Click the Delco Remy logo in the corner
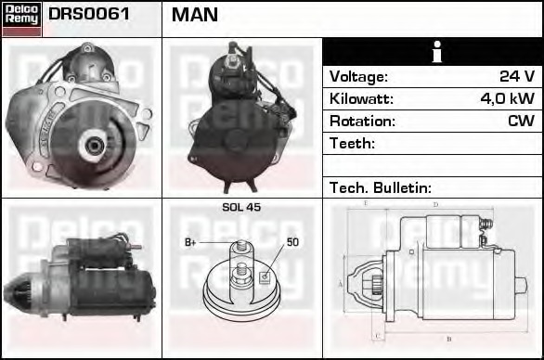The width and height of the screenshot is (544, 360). [22, 18]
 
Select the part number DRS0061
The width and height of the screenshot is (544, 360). [89, 15]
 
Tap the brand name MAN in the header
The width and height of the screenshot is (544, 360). [195, 15]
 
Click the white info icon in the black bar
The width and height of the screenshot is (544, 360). [433, 51]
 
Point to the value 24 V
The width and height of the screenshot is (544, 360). [516, 76]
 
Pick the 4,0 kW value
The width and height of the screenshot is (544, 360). [508, 98]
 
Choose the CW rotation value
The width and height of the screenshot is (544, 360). [521, 121]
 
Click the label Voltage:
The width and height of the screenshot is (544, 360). [358, 76]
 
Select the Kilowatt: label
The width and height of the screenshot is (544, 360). [361, 98]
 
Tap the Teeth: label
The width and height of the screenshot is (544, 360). [352, 143]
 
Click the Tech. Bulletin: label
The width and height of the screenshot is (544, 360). [381, 187]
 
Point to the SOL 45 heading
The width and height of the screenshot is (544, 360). [241, 207]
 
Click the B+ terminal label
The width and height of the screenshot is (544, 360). [191, 242]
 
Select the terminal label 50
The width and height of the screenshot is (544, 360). [292, 242]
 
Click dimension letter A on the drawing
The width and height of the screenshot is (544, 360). [341, 282]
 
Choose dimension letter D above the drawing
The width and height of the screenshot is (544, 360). [435, 203]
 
